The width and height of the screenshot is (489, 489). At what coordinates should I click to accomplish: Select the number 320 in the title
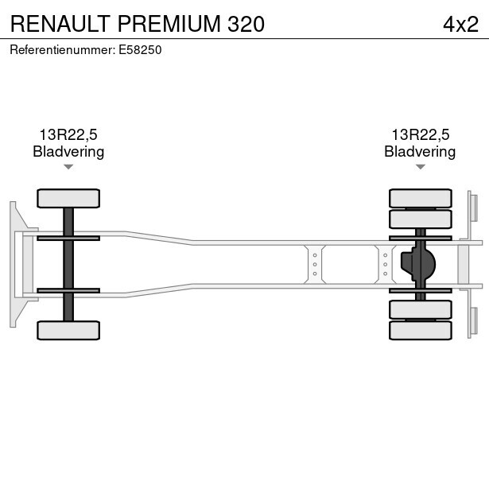tap(246, 23)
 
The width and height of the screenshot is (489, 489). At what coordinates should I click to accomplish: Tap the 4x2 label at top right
tap(460, 23)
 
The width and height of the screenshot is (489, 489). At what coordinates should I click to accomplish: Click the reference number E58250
tap(140, 49)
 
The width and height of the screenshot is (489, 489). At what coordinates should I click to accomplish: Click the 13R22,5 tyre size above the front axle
tap(68, 135)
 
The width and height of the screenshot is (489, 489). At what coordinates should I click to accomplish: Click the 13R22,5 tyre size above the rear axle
tap(420, 135)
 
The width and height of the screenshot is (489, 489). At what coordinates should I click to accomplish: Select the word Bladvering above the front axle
tap(68, 152)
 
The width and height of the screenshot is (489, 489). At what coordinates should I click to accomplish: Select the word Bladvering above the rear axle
tap(420, 152)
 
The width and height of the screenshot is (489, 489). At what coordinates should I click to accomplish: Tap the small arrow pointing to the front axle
tap(68, 167)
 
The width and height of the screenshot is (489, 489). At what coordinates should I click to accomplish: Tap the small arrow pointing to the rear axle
tap(420, 167)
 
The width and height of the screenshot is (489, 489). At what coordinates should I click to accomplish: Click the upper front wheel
tap(68, 198)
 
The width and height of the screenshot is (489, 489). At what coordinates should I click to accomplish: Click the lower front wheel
tap(68, 330)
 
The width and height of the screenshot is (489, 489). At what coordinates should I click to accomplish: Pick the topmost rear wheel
tap(420, 198)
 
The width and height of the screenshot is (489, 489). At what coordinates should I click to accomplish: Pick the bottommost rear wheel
tap(420, 330)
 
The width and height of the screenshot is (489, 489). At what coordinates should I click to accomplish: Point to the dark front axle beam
tap(68, 263)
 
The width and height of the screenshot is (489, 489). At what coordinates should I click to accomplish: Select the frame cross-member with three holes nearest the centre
tap(315, 263)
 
